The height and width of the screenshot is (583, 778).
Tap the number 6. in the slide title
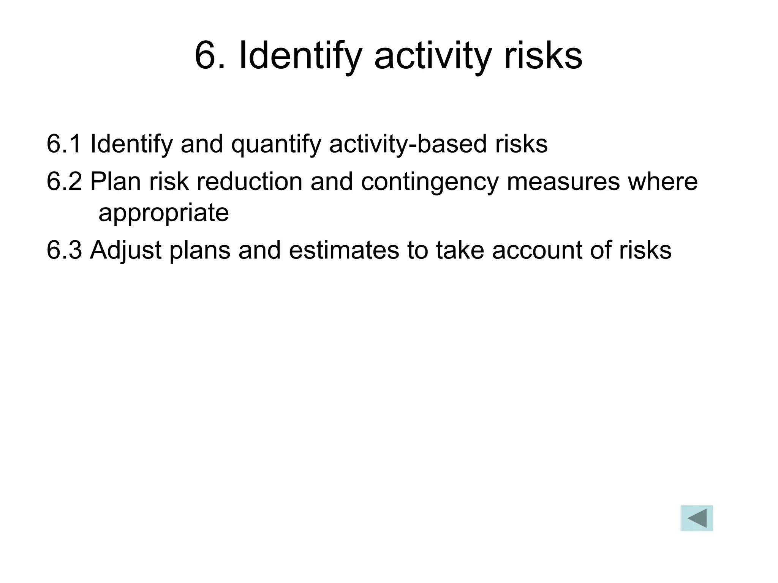click(x=210, y=56)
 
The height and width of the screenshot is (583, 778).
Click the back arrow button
click(x=696, y=518)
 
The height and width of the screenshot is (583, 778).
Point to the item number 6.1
click(x=64, y=144)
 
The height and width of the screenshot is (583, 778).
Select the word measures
click(x=563, y=182)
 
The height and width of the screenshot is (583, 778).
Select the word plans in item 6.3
click(x=200, y=251)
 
